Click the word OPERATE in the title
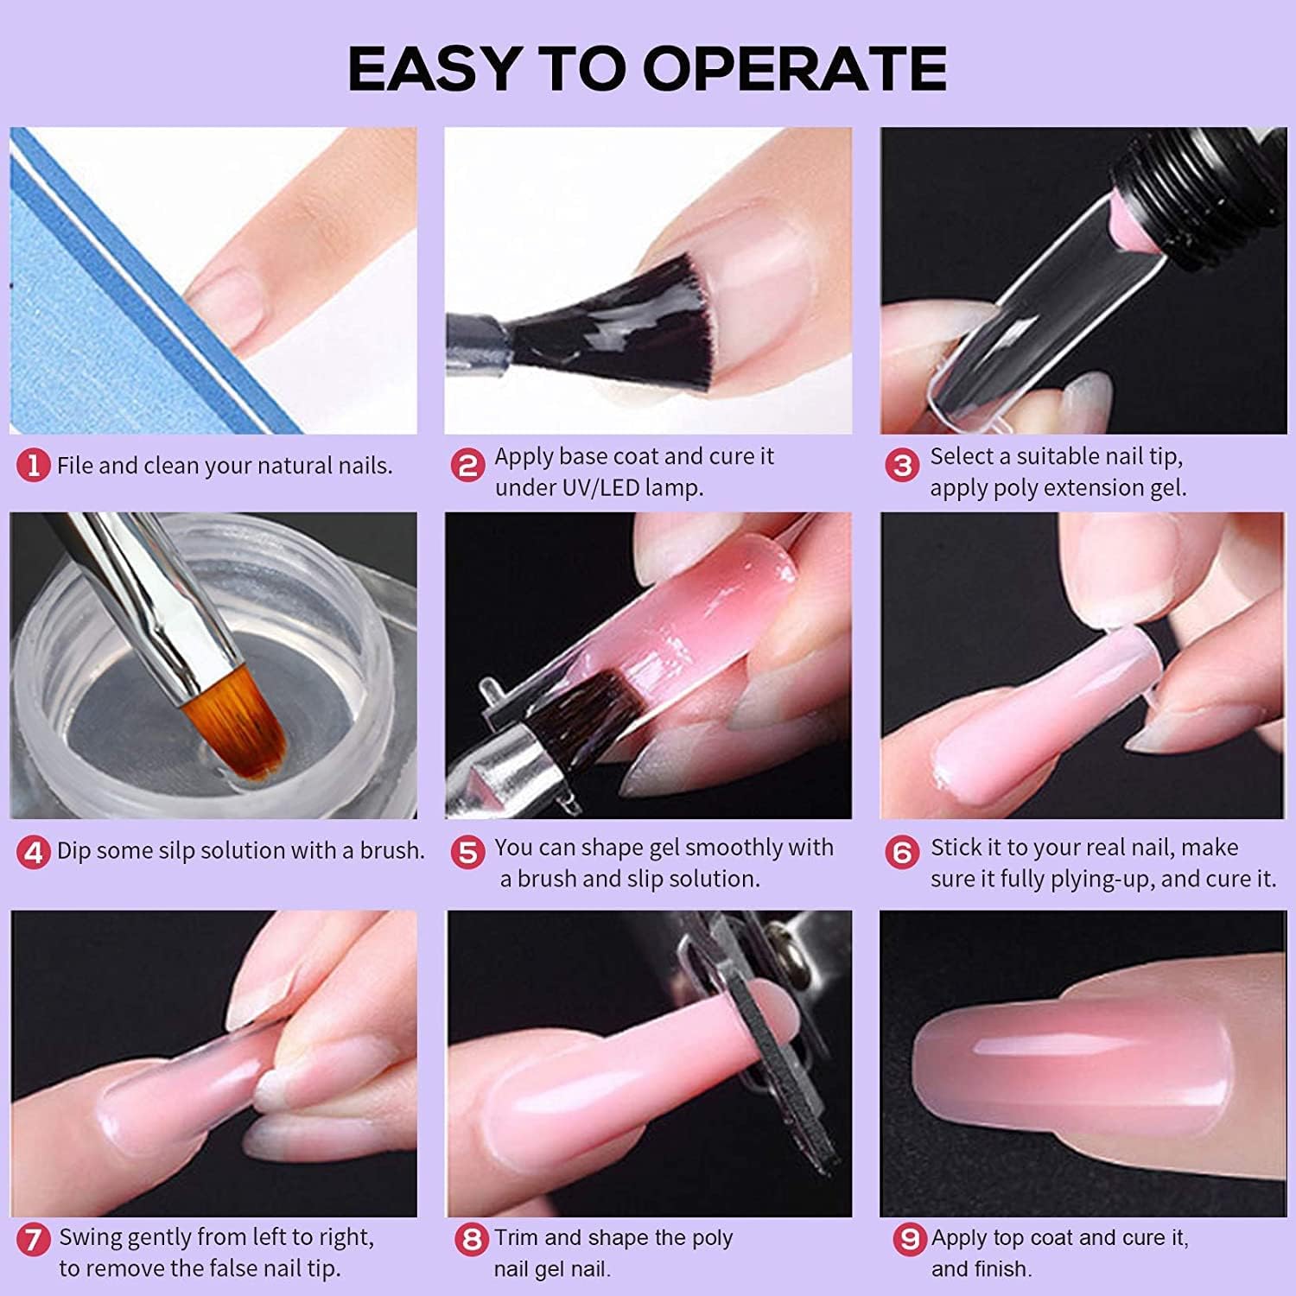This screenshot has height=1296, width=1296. click(x=795, y=68)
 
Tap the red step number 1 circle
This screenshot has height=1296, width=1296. click(x=34, y=467)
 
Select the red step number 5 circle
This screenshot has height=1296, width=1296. click(x=468, y=853)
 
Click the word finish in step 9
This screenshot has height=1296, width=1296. click(x=1000, y=1269)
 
